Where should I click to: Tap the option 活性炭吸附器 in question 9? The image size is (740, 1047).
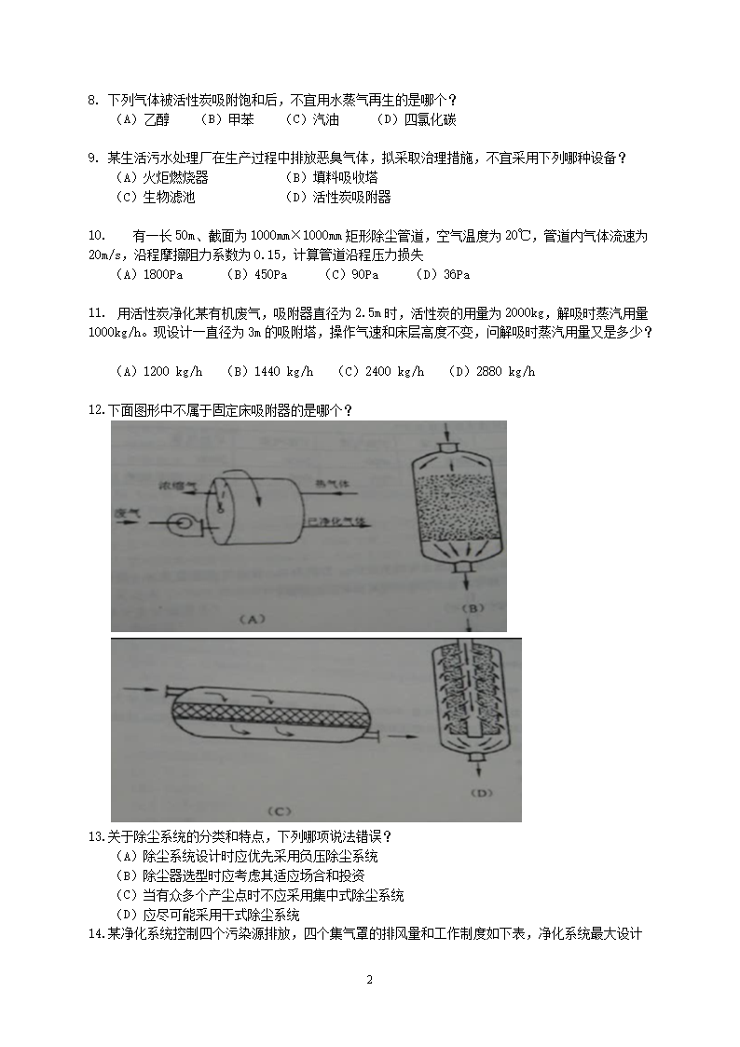tap(351, 197)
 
